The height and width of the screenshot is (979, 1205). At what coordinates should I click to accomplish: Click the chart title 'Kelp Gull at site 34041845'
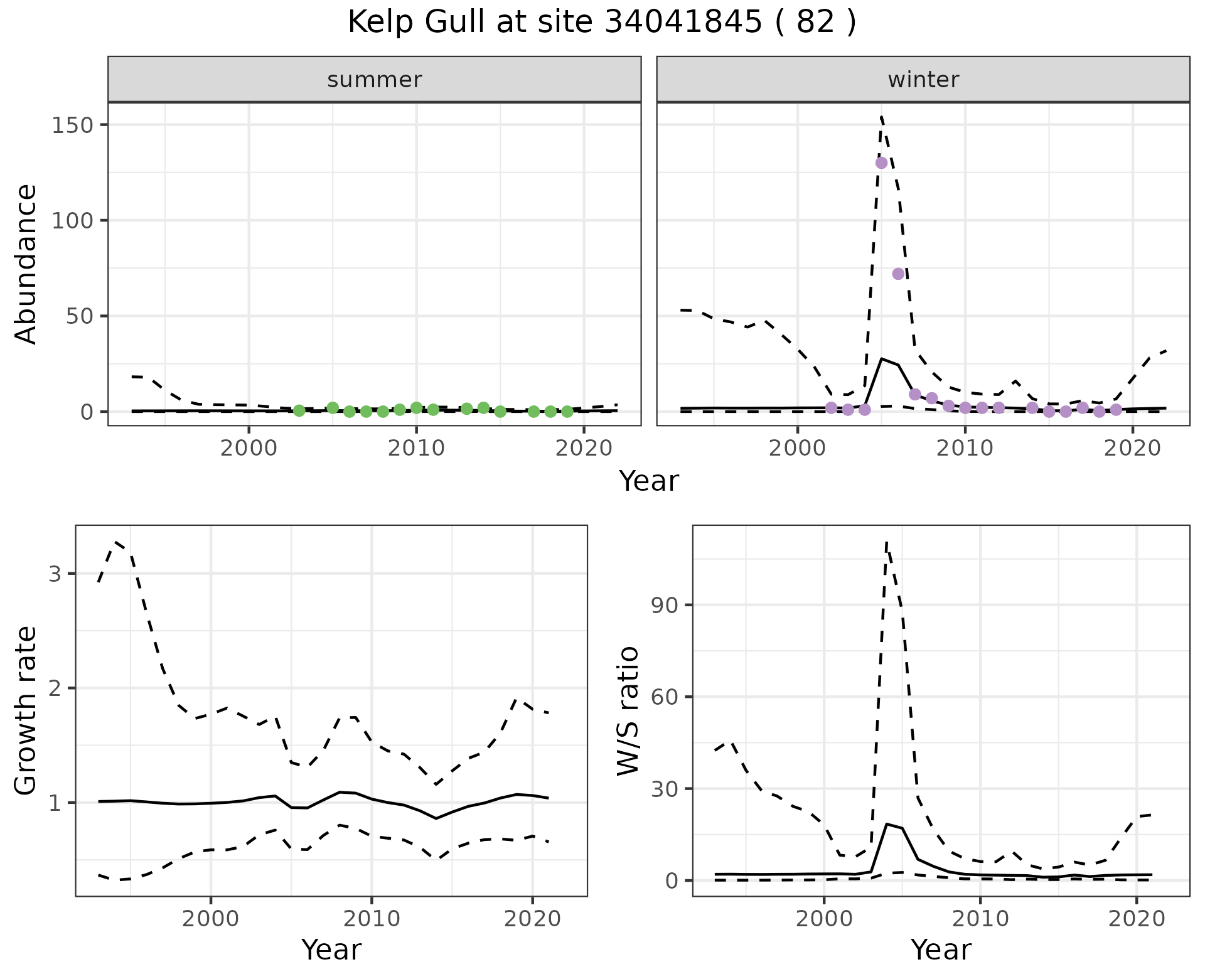coord(601,23)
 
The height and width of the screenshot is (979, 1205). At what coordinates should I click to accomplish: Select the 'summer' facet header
coord(374,80)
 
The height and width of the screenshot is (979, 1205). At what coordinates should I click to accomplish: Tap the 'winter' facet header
coord(923,80)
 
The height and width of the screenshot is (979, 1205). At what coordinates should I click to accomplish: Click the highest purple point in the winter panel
coord(881,163)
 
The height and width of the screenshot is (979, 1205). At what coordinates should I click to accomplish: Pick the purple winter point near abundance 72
coord(898,274)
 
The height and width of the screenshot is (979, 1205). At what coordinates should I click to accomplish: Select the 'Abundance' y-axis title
coord(26,264)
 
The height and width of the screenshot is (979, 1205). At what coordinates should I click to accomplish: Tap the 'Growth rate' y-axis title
coord(26,710)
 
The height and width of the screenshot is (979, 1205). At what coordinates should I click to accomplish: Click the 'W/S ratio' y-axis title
coord(628,710)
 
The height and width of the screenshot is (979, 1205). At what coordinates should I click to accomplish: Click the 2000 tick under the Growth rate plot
coord(211,919)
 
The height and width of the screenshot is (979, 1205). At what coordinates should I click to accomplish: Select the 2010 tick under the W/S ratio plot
coord(980,919)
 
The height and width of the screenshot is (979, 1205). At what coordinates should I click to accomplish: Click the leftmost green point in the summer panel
coord(299,410)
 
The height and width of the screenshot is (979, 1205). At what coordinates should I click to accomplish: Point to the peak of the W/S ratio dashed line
coord(886,542)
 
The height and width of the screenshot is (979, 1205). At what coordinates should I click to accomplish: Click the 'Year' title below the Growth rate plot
coord(331,950)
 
